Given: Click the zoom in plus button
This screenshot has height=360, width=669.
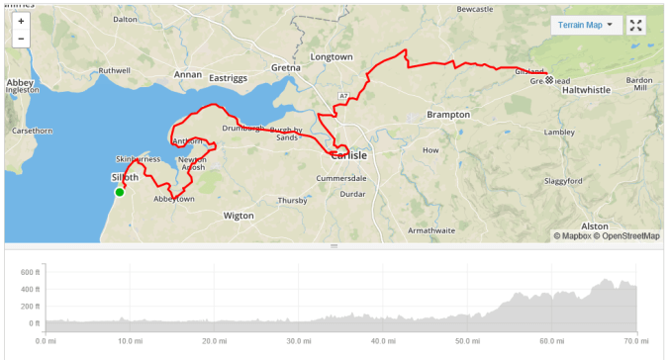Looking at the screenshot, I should tap(21, 21).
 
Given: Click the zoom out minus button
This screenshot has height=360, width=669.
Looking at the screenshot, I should tap(21, 39).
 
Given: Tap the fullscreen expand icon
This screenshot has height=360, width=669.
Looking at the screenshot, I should tap(636, 25).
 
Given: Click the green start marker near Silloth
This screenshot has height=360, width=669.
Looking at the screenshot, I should tap(120, 192).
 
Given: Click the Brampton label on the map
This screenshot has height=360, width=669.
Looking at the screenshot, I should tap(447, 115).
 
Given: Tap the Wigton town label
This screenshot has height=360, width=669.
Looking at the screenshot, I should tap(239, 215).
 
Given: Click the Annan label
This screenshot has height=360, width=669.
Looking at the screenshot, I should tap(187, 74).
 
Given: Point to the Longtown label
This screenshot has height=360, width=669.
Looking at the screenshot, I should tap(332, 57).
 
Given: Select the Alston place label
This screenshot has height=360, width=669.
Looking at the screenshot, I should tap(594, 225).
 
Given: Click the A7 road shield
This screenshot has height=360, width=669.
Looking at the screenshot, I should tap(342, 95).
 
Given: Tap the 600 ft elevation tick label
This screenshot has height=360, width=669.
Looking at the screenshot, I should tap(28, 271).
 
